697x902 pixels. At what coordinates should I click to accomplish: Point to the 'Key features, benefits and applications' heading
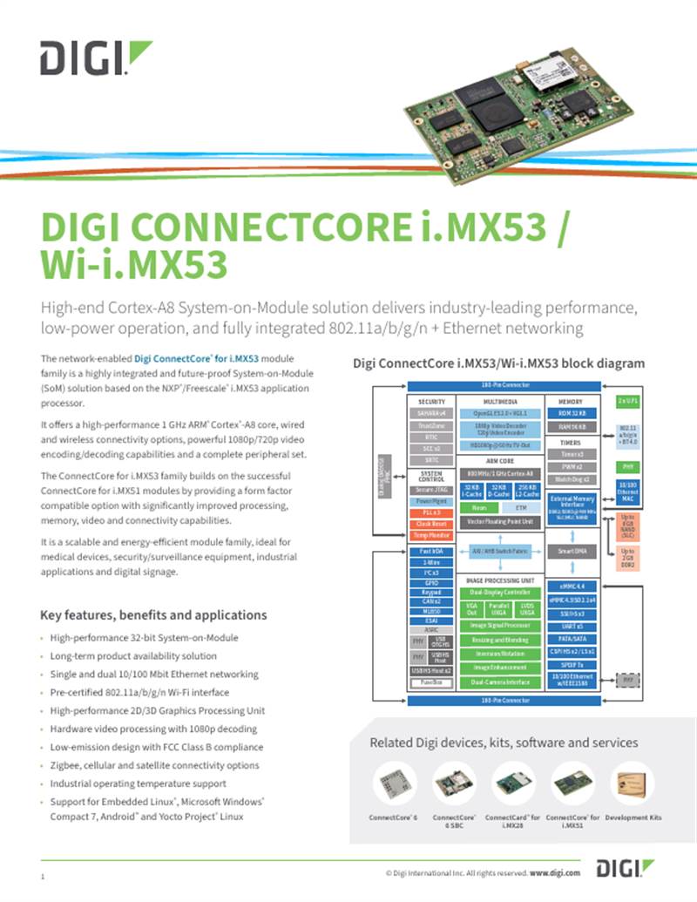(153, 614)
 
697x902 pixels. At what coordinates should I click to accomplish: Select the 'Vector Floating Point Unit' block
(499, 521)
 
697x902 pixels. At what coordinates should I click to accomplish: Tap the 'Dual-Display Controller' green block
(499, 593)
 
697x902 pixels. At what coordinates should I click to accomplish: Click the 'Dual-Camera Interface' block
(499, 682)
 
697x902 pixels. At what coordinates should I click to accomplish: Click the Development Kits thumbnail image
(633, 784)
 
